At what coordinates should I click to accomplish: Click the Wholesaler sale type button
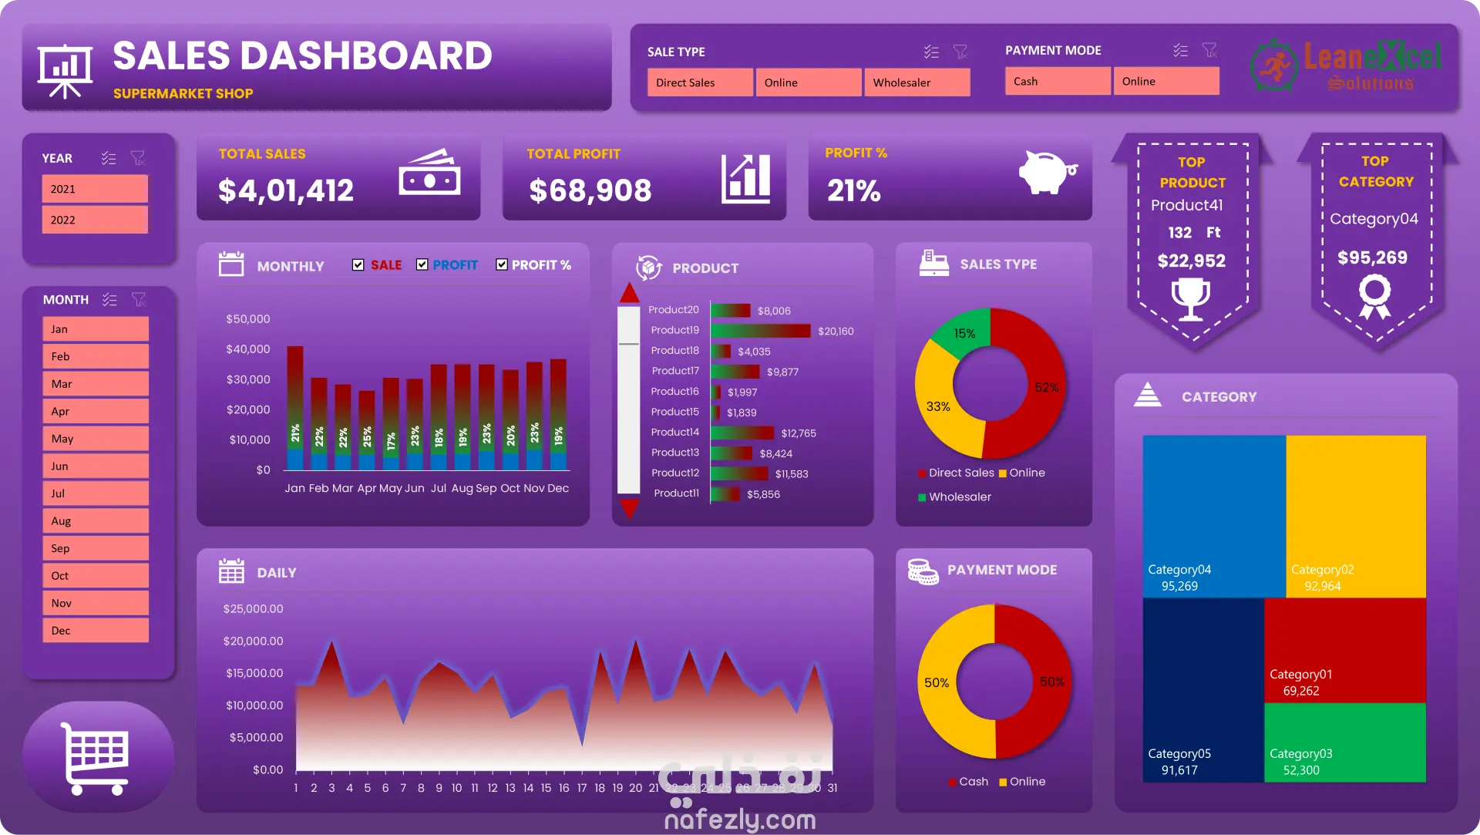point(917,82)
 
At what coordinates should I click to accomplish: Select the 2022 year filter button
point(94,220)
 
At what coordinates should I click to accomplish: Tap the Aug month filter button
point(95,521)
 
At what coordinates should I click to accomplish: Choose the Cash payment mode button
point(1057,81)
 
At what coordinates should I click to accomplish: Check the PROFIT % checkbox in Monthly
point(502,264)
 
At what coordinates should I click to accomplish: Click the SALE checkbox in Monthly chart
point(358,264)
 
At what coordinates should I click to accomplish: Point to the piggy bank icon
point(1046,172)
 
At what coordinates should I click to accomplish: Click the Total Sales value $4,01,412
point(285,190)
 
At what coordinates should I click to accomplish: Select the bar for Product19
point(760,331)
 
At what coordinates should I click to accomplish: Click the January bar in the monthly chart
point(295,407)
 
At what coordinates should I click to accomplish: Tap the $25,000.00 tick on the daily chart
point(253,609)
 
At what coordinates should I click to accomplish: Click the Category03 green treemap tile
point(1344,742)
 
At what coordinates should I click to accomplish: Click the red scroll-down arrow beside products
point(630,508)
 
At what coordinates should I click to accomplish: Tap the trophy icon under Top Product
point(1191,298)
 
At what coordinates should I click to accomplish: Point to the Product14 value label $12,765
point(798,433)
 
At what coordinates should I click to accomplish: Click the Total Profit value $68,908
point(590,190)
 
